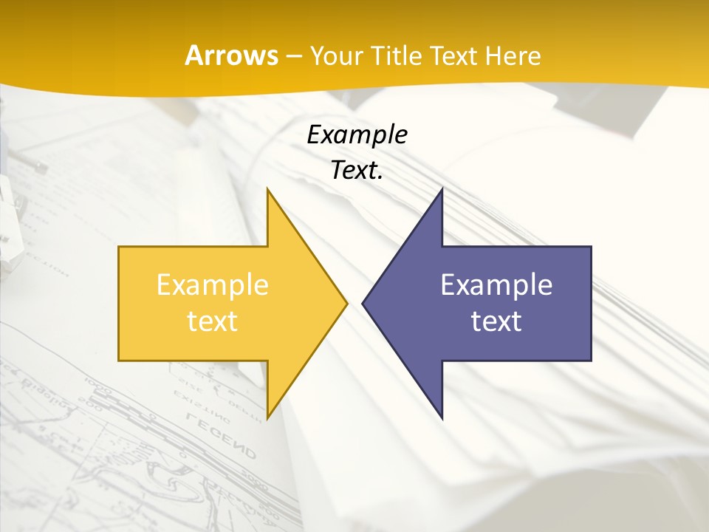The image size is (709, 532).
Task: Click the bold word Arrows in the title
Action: [x=230, y=55]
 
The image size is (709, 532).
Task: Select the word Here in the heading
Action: [x=514, y=55]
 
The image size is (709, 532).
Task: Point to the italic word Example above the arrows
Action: [x=357, y=135]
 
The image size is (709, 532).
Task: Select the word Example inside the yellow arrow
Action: [x=213, y=285]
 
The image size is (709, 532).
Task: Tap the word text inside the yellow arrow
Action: [x=213, y=321]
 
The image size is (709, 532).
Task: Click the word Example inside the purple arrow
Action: [x=496, y=285]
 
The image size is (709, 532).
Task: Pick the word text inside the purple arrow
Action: [x=496, y=321]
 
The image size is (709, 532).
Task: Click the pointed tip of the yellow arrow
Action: [x=347, y=303]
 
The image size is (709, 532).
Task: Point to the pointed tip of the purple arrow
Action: [x=363, y=303]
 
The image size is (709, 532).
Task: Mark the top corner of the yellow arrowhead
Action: [x=267, y=189]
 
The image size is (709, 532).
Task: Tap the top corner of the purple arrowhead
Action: [x=442, y=189]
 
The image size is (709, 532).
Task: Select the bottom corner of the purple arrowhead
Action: [x=442, y=417]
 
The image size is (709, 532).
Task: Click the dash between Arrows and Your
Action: [x=294, y=56]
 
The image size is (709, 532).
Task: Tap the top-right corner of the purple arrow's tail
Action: [x=591, y=247]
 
